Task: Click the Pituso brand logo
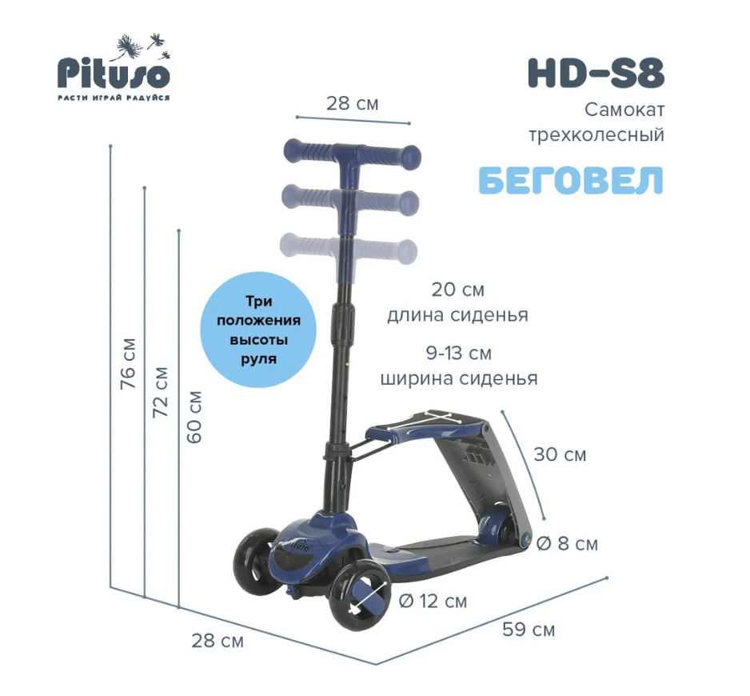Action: click(x=114, y=67)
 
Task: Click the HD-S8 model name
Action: click(x=596, y=74)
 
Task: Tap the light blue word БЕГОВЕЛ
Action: click(x=571, y=180)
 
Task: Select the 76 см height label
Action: click(x=128, y=363)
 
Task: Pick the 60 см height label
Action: click(x=194, y=418)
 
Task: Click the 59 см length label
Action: click(x=529, y=630)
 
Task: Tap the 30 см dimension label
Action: click(x=560, y=454)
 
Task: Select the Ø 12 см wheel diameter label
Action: click(x=433, y=601)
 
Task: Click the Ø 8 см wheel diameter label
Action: click(x=567, y=544)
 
